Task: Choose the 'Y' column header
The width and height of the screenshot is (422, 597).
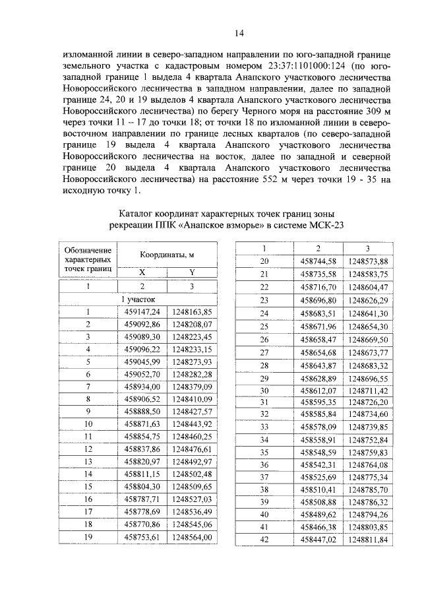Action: (x=192, y=272)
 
